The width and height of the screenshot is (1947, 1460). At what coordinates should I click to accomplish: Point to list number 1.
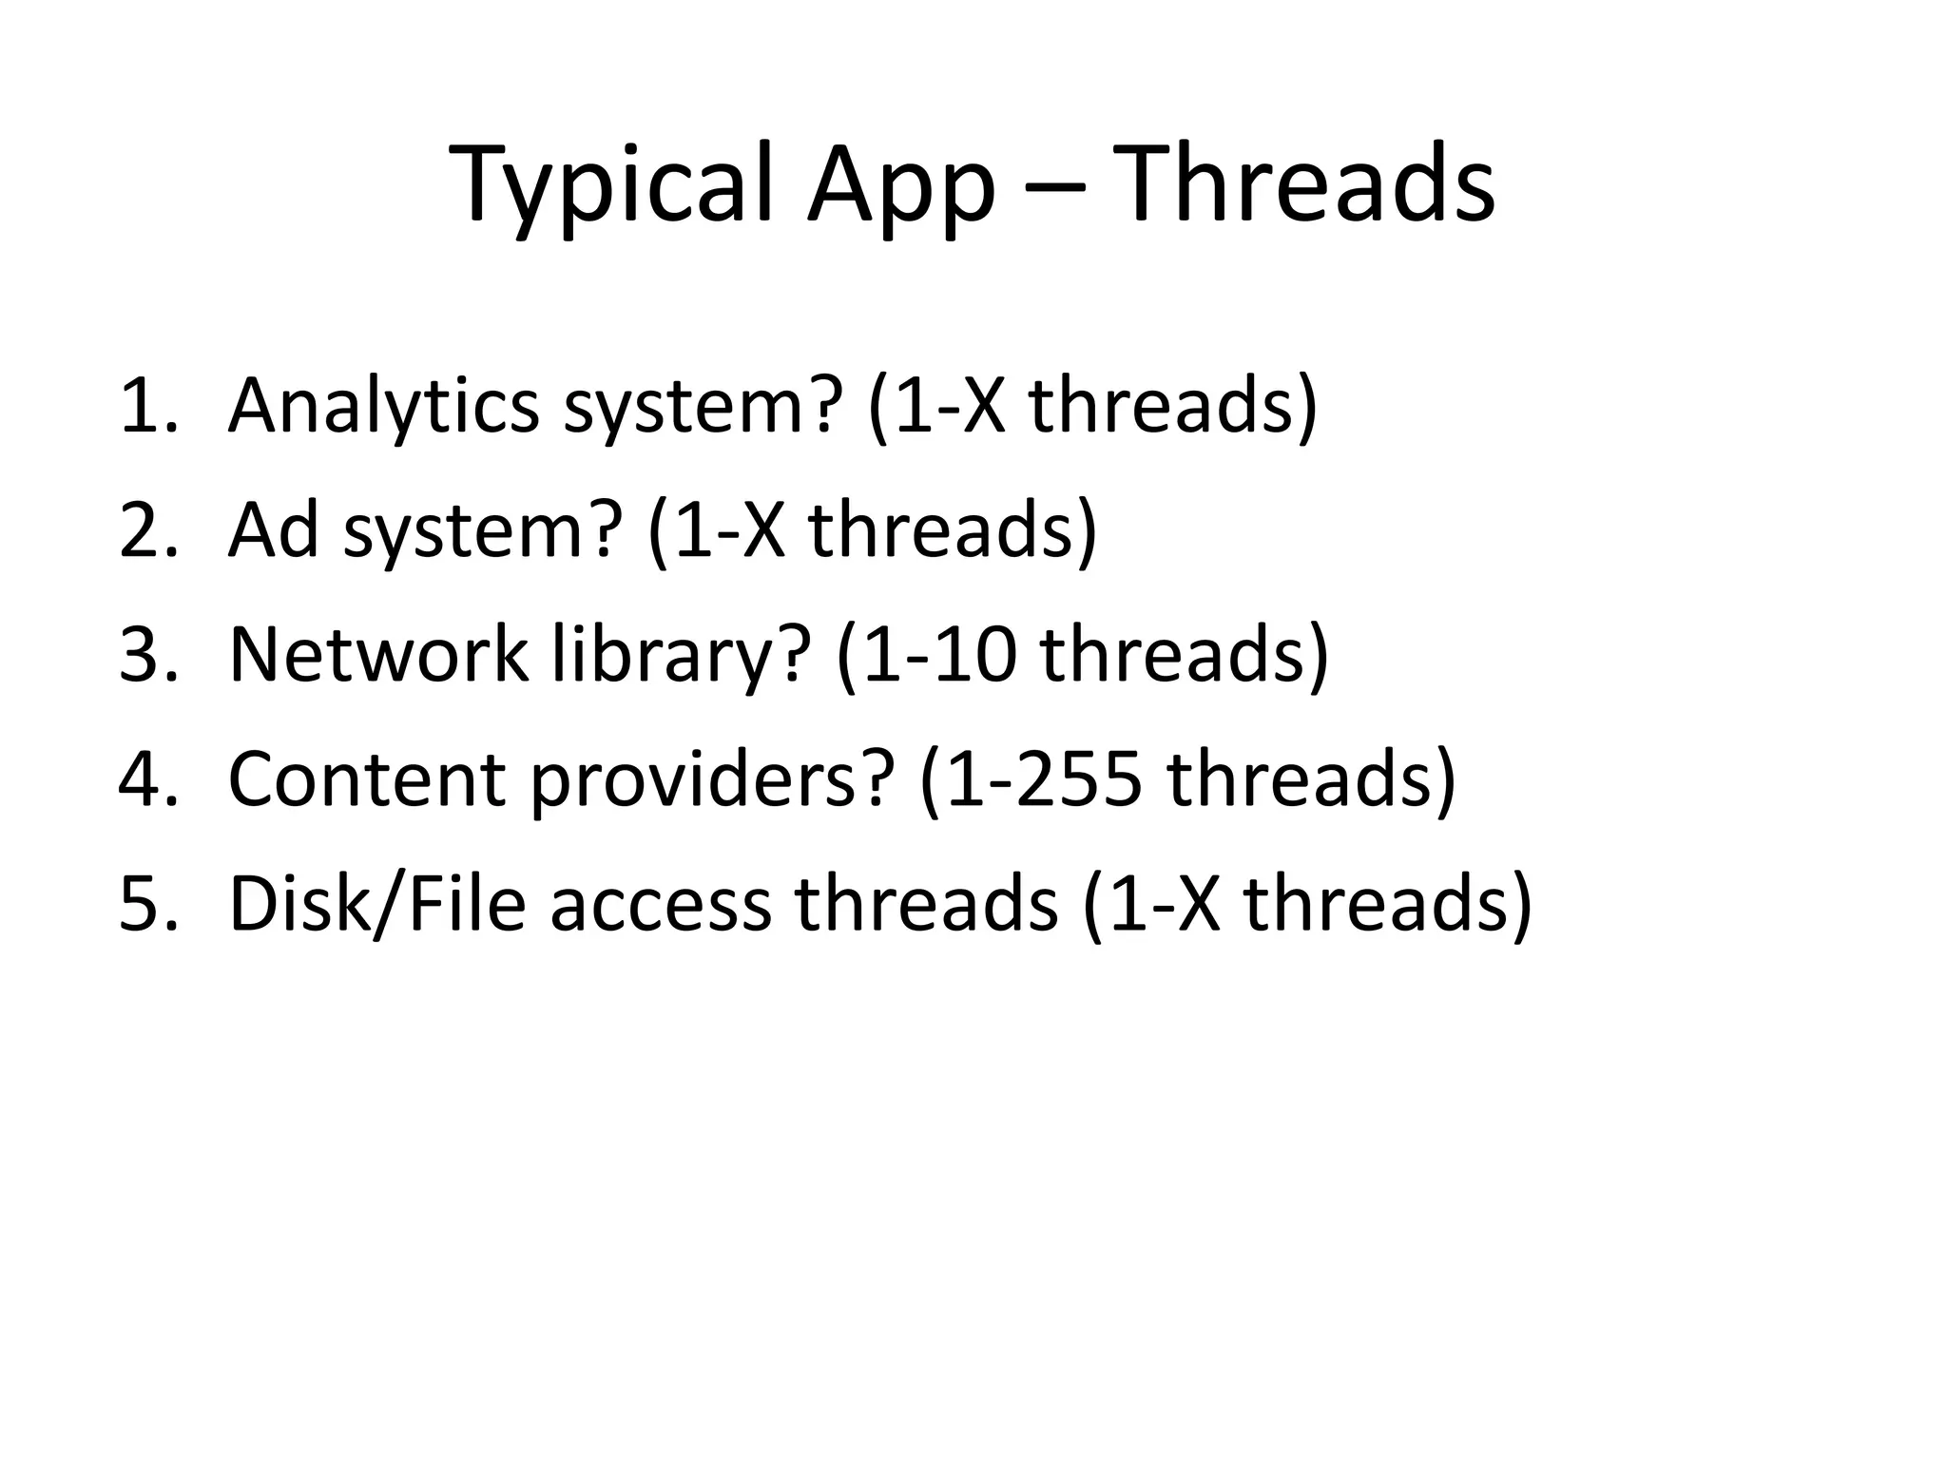(x=147, y=407)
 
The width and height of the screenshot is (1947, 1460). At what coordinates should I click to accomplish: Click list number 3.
(x=147, y=656)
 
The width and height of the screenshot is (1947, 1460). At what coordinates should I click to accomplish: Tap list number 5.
(x=147, y=905)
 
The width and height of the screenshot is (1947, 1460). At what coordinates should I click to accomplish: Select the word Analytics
(x=383, y=407)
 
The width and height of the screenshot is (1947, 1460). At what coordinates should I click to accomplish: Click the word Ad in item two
(x=274, y=530)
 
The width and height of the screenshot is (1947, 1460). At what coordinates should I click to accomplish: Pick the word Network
(x=377, y=656)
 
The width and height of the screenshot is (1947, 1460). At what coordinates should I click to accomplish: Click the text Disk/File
(x=377, y=905)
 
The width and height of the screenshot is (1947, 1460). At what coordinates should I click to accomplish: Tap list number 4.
(x=147, y=779)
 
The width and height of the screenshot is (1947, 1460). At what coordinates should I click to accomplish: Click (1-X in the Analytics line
(x=936, y=407)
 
